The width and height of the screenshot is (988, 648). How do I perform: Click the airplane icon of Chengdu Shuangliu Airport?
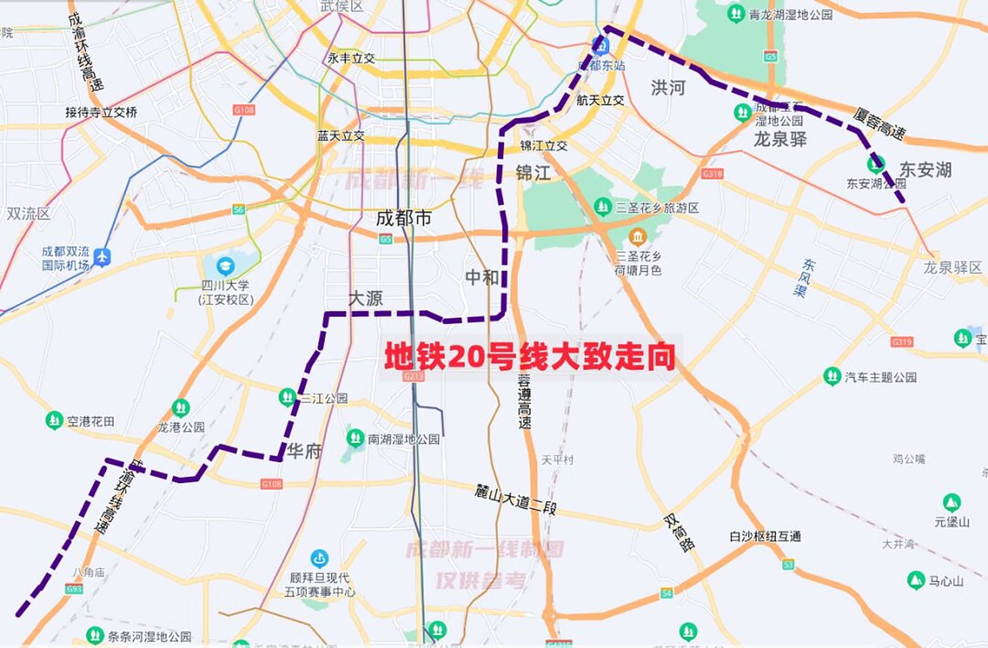click(x=102, y=257)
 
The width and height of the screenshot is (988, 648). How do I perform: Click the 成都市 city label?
click(x=404, y=218)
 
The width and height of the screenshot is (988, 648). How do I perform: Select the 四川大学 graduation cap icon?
click(x=225, y=265)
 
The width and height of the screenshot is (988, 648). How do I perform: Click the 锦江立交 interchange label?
click(x=544, y=146)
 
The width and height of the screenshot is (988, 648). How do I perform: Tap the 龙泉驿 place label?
click(x=780, y=139)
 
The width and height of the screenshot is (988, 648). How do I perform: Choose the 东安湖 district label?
click(x=925, y=170)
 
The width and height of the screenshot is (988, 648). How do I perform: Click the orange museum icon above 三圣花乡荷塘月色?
click(x=637, y=236)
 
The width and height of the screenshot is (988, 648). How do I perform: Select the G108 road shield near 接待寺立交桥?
click(x=244, y=110)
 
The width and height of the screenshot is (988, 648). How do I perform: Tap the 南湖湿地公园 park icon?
click(x=355, y=437)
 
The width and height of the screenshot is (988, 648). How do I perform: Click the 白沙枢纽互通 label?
click(x=765, y=536)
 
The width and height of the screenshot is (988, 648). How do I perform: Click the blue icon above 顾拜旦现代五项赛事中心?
click(x=319, y=558)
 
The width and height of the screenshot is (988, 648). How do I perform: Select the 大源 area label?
click(x=366, y=298)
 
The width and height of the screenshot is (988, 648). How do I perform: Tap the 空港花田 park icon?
click(x=54, y=420)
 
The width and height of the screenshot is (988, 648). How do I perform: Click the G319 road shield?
click(x=902, y=342)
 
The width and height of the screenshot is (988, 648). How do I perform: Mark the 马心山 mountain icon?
click(x=916, y=580)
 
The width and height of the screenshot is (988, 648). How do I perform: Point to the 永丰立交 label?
click(x=351, y=58)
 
